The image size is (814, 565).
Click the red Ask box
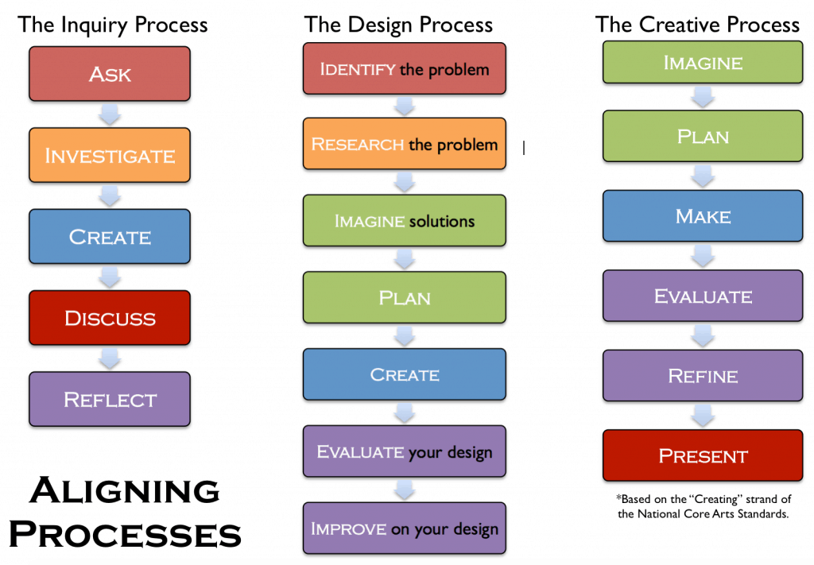pyautogui.click(x=110, y=74)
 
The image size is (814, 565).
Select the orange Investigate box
pyautogui.click(x=110, y=155)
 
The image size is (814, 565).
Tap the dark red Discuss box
pyautogui.click(x=110, y=318)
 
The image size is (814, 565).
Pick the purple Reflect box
pyautogui.click(x=110, y=399)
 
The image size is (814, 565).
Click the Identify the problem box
pyautogui.click(x=405, y=68)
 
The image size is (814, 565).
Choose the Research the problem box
pyautogui.click(x=405, y=144)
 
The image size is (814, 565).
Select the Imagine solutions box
pyautogui.click(x=405, y=220)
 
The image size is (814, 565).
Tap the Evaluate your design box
pyautogui.click(x=405, y=451)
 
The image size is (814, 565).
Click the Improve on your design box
pyautogui.click(x=405, y=528)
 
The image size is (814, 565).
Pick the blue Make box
pyautogui.click(x=703, y=216)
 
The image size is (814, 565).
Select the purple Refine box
pyautogui.click(x=703, y=376)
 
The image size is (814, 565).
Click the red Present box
pyautogui.click(x=703, y=455)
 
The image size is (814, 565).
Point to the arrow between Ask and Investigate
pyautogui.click(x=110, y=114)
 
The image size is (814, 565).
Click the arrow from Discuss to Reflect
pyautogui.click(x=110, y=358)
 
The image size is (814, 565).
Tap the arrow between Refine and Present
pyautogui.click(x=703, y=416)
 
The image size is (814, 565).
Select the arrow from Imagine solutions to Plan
pyautogui.click(x=405, y=259)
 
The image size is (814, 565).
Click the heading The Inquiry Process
pyautogui.click(x=113, y=25)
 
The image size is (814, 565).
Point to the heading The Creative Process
pyautogui.click(x=697, y=25)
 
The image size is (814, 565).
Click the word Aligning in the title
pyautogui.click(x=125, y=491)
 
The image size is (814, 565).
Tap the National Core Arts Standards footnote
pyautogui.click(x=704, y=506)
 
